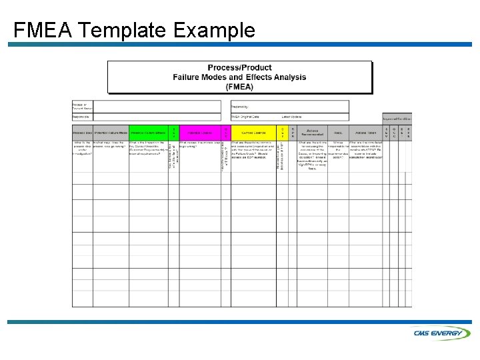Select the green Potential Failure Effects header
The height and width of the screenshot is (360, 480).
(x=149, y=133)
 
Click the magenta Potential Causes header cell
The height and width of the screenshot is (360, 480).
(x=199, y=133)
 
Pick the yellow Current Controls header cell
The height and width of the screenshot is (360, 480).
(x=253, y=133)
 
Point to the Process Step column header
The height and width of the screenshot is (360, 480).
(x=82, y=133)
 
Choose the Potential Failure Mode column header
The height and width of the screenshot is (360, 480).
(x=111, y=133)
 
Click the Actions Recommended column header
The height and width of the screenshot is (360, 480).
(x=311, y=133)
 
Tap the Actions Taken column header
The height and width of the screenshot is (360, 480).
(x=365, y=133)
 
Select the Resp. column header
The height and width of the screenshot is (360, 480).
(x=338, y=133)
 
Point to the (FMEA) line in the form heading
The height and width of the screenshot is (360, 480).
(x=239, y=87)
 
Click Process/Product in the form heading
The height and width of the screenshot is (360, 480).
(x=239, y=68)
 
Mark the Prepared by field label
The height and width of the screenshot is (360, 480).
(x=240, y=107)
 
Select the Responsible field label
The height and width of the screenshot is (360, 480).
(x=81, y=117)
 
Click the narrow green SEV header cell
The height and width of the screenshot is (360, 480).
(x=174, y=133)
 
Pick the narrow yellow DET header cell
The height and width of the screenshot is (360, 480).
(x=282, y=133)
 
